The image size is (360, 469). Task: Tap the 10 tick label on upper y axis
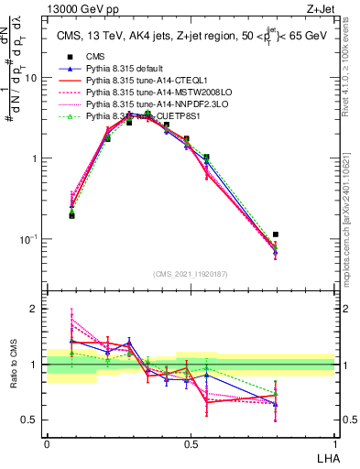pos(31,78)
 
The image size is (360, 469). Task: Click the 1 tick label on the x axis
pos(334,443)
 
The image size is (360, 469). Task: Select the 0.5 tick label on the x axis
pos(191,443)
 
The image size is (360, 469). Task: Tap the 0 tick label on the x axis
pos(47,443)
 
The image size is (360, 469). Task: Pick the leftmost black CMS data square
pos(71,215)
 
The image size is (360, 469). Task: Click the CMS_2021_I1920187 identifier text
pos(191,273)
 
